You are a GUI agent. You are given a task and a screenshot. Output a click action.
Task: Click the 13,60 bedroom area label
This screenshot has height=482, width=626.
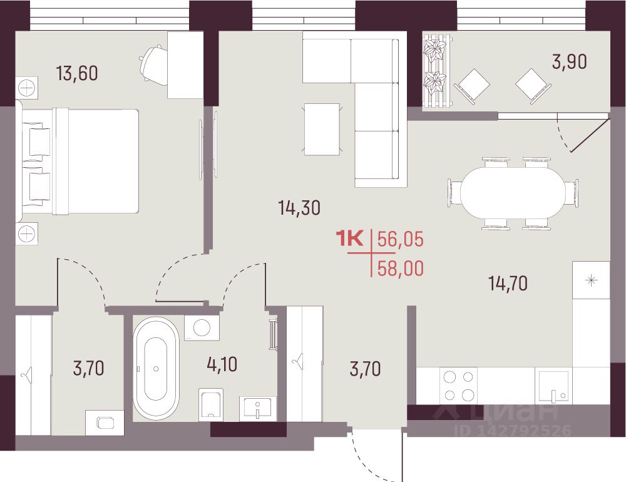point(77,73)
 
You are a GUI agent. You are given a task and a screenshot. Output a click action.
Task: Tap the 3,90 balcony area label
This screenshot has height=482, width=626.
point(569,62)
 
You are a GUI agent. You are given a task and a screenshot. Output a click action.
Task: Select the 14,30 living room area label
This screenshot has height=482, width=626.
point(299,208)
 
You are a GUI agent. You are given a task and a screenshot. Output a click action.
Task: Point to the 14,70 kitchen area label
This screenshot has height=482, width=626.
point(508,283)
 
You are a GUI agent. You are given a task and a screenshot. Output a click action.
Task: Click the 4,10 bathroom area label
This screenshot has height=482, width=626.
point(222,364)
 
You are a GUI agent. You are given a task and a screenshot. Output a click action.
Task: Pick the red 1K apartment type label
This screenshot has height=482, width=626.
point(350,239)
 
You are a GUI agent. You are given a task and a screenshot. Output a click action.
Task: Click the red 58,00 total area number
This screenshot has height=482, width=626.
point(401,269)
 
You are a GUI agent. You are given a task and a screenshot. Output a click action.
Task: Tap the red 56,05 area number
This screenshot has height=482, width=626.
point(401,240)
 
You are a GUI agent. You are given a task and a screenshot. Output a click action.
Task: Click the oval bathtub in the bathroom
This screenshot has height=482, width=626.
point(156,368)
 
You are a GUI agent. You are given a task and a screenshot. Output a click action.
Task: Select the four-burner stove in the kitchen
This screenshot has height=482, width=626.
point(458,386)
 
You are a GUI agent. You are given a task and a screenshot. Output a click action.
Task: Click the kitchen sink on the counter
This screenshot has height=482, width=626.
point(553,386)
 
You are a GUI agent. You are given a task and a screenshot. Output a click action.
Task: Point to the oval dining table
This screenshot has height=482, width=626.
point(513,193)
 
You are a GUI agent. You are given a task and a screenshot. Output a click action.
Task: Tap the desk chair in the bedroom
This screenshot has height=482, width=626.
point(155,65)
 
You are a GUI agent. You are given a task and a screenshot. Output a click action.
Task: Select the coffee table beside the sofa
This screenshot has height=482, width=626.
point(322,130)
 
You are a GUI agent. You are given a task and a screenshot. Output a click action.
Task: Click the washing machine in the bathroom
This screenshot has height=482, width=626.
point(202,328)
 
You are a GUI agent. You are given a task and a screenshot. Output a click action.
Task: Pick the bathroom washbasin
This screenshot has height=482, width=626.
point(258,409)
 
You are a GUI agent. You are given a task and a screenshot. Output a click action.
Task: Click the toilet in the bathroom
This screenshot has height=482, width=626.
point(210,404)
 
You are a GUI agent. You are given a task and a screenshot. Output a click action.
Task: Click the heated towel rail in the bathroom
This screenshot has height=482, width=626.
point(274,335)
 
